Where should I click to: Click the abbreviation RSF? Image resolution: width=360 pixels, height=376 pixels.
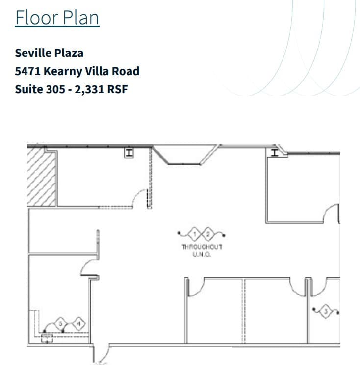(118, 90)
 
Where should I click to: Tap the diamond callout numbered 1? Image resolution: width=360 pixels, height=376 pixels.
(195, 233)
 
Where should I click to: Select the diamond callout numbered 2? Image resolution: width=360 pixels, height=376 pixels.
(208, 233)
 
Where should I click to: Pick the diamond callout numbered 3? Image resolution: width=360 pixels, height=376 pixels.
(326, 310)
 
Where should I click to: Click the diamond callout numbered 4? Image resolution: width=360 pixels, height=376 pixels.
(78, 323)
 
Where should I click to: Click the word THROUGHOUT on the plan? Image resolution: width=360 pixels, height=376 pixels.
(202, 247)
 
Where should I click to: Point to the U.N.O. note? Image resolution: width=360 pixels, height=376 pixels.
(202, 254)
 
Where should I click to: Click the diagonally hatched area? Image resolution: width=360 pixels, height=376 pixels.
(42, 177)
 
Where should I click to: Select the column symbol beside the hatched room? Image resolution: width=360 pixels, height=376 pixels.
(129, 153)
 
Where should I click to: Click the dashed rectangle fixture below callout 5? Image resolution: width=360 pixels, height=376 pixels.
(47, 338)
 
